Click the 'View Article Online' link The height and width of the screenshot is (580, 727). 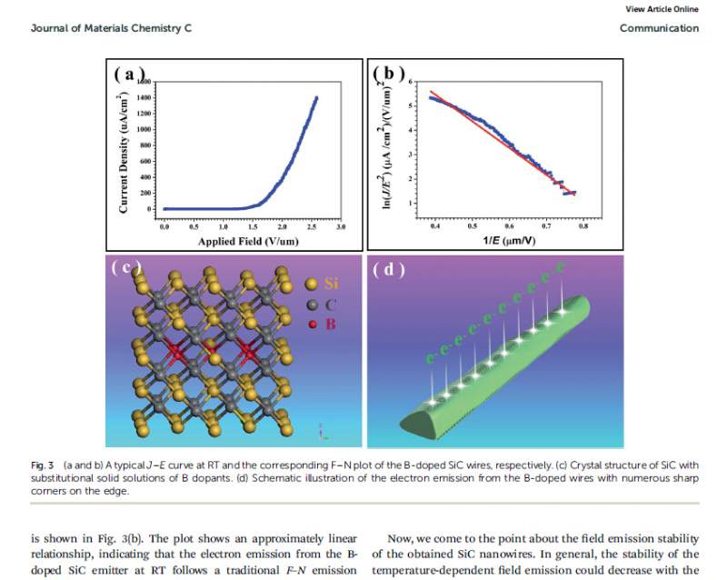(662, 9)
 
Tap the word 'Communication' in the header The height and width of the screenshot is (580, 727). (659, 28)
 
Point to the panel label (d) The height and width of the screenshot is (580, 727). (388, 269)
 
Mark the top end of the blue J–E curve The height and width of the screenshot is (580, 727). (316, 97)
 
